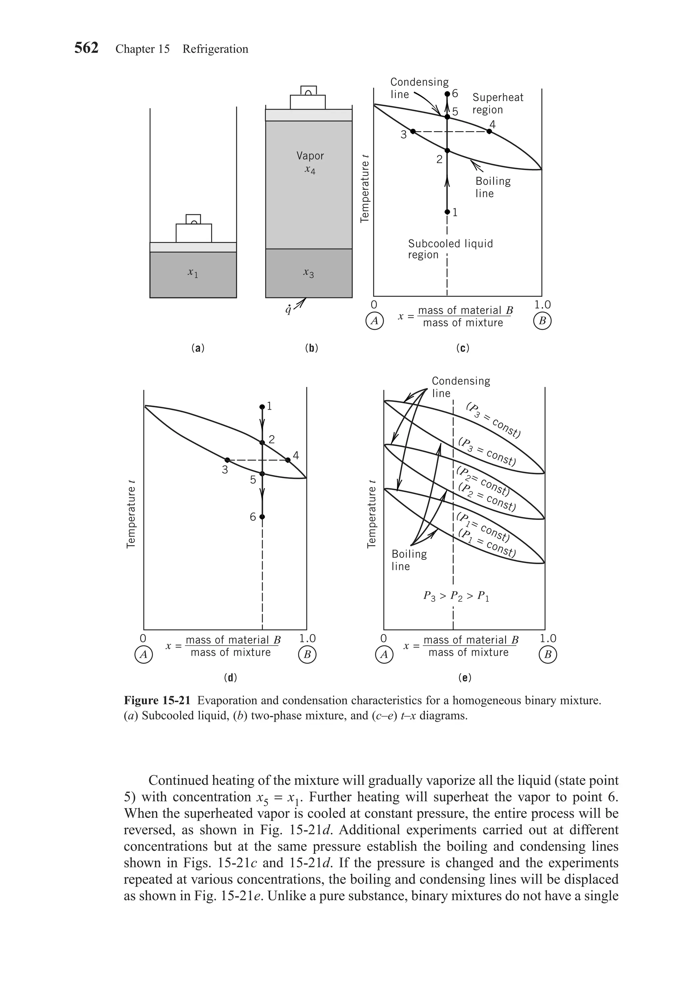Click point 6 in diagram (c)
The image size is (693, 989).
(x=447, y=94)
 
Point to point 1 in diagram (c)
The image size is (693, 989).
(x=447, y=212)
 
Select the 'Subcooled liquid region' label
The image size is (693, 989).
(x=450, y=249)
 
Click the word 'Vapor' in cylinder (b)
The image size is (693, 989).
(x=310, y=155)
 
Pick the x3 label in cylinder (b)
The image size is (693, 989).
(x=308, y=273)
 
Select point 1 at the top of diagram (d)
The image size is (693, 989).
(x=262, y=407)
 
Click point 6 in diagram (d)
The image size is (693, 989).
(x=262, y=516)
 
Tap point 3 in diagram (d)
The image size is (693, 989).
(x=227, y=460)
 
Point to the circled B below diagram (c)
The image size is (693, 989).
(x=542, y=321)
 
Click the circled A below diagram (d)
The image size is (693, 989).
(x=143, y=655)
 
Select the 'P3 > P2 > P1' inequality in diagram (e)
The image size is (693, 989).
(x=456, y=597)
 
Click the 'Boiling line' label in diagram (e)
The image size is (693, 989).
(x=409, y=560)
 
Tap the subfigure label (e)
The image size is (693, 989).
(x=465, y=678)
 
